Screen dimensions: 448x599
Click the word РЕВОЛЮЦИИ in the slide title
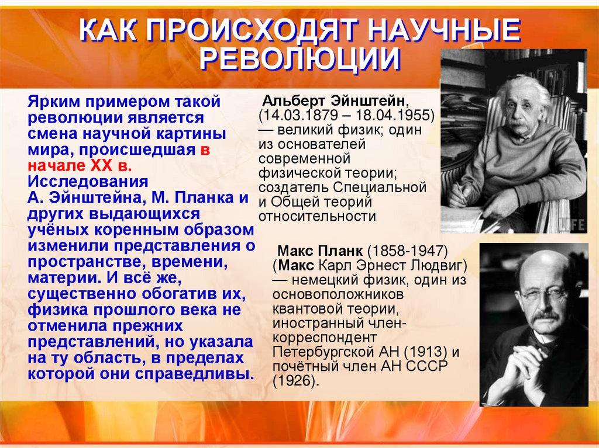pyautogui.click(x=299, y=60)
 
